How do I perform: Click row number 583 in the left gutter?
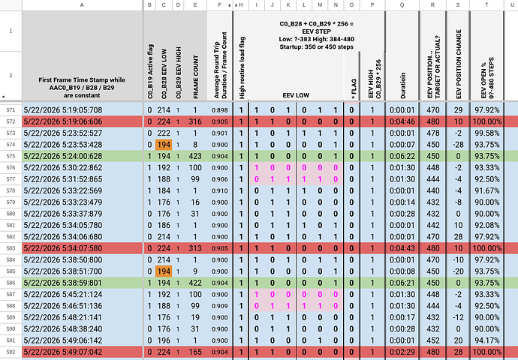coord(11,248)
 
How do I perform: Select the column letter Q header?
coord(402,5)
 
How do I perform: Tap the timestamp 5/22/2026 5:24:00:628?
coord(63,156)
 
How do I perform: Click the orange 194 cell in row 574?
coord(164,145)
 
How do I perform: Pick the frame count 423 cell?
coord(195,156)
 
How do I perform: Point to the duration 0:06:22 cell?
coord(402,156)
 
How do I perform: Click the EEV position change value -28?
coord(458,145)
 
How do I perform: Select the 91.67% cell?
coord(487,190)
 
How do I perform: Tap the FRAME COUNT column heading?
coord(195,76)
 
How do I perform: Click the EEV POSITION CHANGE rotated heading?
coord(459,64)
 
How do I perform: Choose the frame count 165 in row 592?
coord(195,352)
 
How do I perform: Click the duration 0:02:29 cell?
coord(402,352)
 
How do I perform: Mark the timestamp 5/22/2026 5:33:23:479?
coord(63,202)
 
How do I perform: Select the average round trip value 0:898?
coord(220,110)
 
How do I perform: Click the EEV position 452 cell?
coord(432,340)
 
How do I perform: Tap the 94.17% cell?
coord(487,340)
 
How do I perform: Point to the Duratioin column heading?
coord(403,85)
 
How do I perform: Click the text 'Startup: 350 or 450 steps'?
coord(317,46)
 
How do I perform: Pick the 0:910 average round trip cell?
coord(220,190)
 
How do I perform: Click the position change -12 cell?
coord(458,317)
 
